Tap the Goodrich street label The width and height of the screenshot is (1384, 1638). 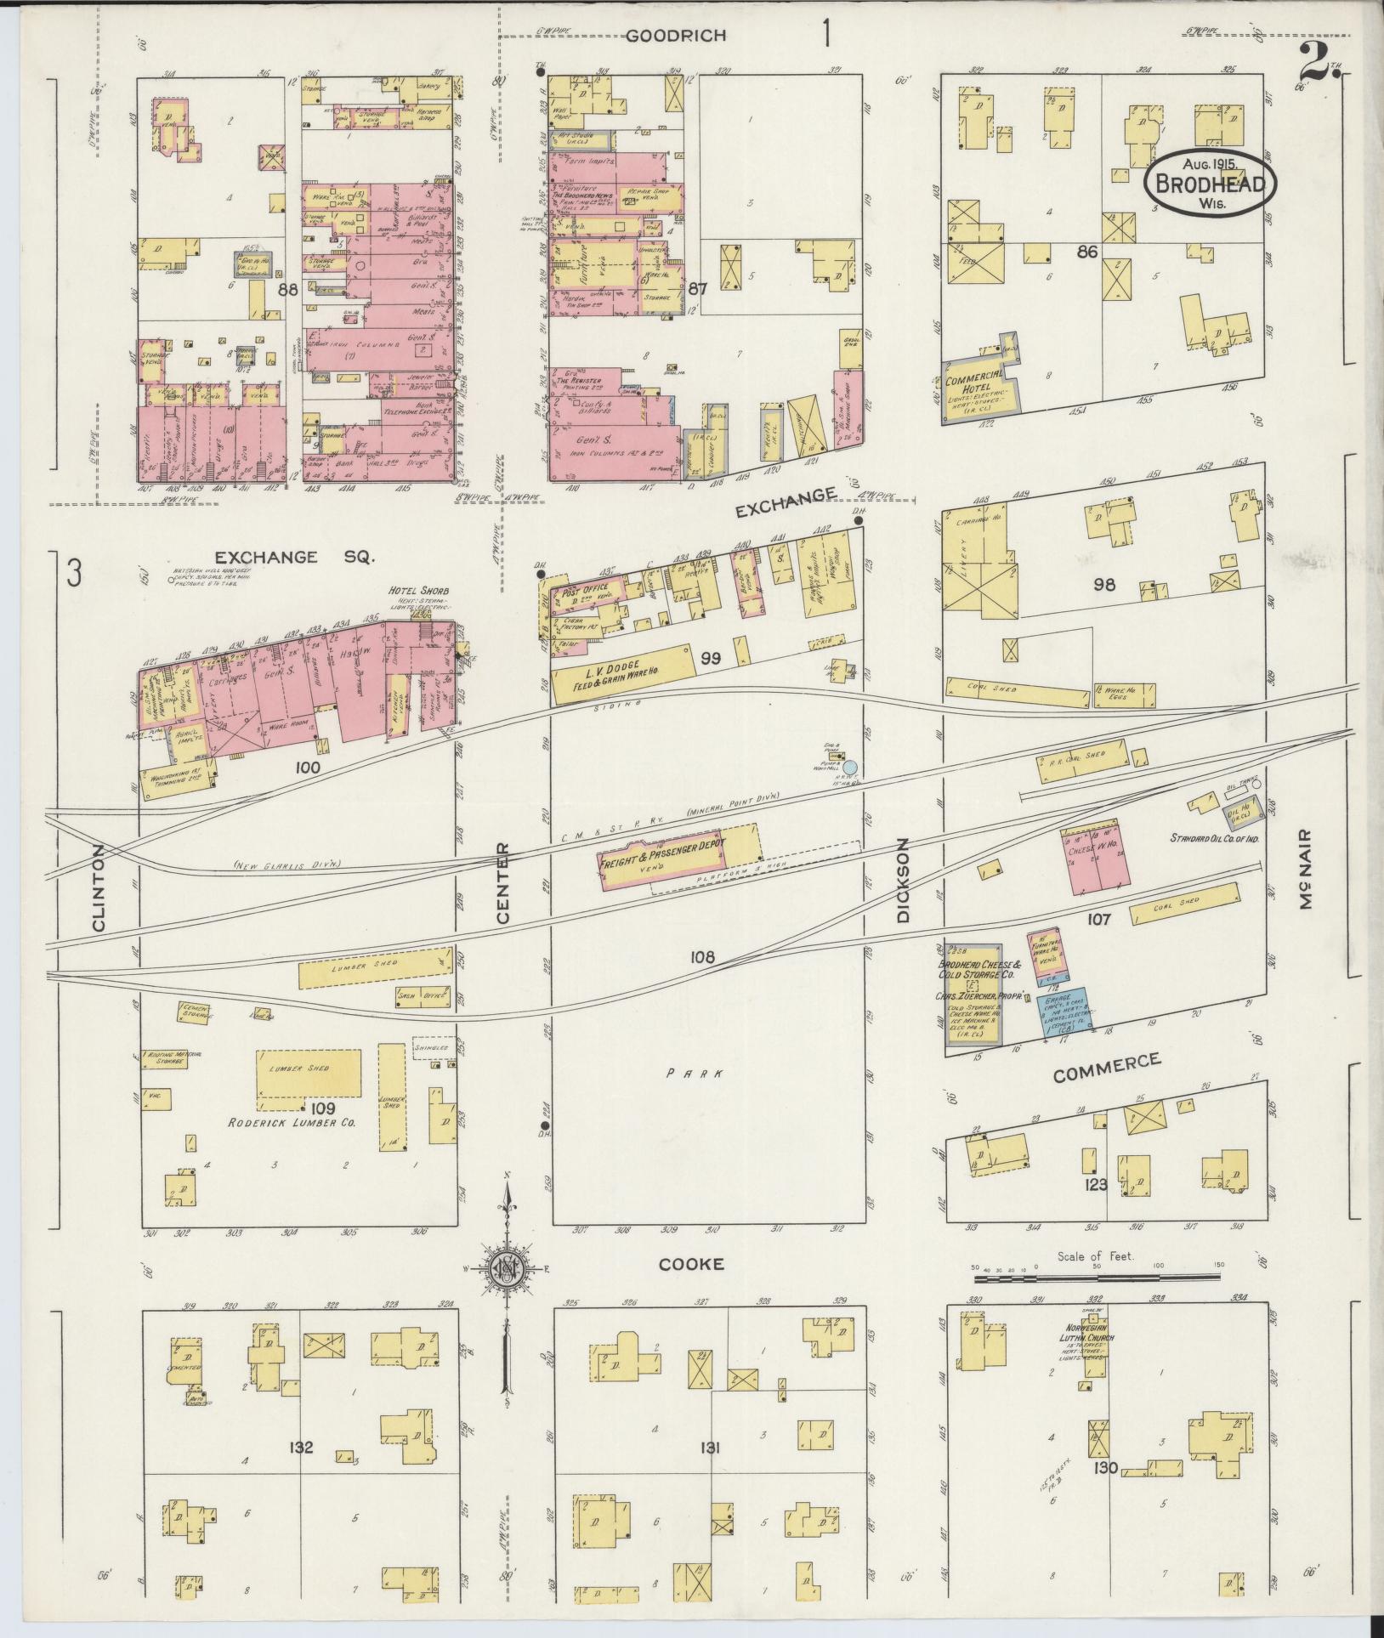pos(677,36)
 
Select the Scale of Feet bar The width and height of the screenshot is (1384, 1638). pos(1097,1301)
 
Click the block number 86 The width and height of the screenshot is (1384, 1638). pos(1088,252)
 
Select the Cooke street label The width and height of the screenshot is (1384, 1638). pos(693,1288)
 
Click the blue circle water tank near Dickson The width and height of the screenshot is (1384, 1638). pos(849,768)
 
